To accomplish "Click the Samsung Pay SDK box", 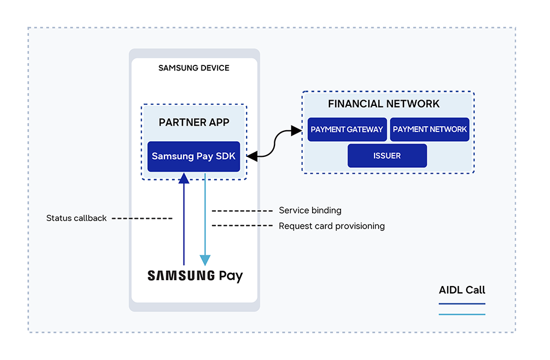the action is coord(193,156).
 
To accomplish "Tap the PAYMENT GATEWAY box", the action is coord(347,129).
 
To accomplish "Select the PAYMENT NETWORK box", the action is coord(430,129).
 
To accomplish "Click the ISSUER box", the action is coord(387,156).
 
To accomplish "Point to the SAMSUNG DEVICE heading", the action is coord(194,68).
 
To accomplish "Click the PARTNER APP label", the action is coord(194,122).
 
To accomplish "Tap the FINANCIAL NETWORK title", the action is coord(384,104).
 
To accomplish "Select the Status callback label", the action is coord(76,218).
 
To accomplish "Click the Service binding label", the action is coord(310,210).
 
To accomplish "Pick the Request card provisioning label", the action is coord(332,226).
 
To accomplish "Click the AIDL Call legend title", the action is coord(462,290).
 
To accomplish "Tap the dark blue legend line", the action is coord(462,303).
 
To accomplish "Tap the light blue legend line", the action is coord(462,314).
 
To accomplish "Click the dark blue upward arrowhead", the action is coord(184,178).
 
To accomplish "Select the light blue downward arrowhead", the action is coord(205,260).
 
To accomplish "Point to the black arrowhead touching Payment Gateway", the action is coord(297,131).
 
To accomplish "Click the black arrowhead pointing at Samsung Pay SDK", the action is coord(252,156).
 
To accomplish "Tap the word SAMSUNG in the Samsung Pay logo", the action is coord(181,275).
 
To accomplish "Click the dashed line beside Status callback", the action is coord(142,218).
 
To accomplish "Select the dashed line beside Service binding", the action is coord(242,211).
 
